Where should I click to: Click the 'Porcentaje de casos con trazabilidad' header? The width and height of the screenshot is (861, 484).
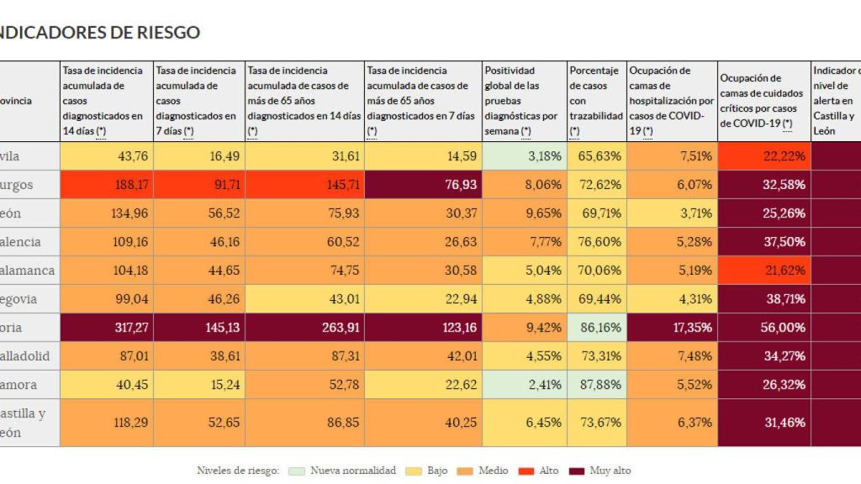(596, 101)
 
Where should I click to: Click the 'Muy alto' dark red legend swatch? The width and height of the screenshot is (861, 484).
(577, 471)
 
